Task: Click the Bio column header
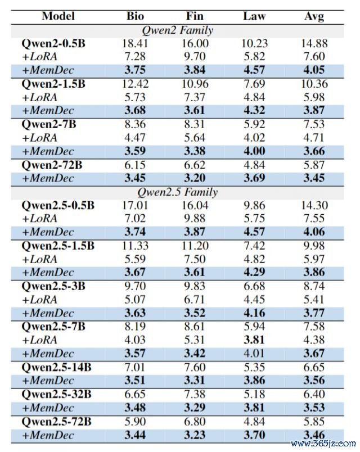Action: (x=136, y=16)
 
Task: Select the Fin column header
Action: (x=195, y=16)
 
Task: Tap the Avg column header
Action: (x=313, y=16)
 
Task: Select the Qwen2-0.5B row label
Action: (x=53, y=43)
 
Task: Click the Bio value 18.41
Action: (x=136, y=43)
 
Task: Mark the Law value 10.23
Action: (x=255, y=43)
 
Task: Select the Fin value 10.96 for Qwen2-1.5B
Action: (x=195, y=84)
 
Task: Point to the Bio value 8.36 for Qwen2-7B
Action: (x=136, y=124)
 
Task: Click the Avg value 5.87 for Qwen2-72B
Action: (x=313, y=165)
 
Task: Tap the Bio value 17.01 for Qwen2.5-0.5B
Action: (x=136, y=206)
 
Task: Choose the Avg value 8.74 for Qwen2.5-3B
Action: (x=313, y=287)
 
